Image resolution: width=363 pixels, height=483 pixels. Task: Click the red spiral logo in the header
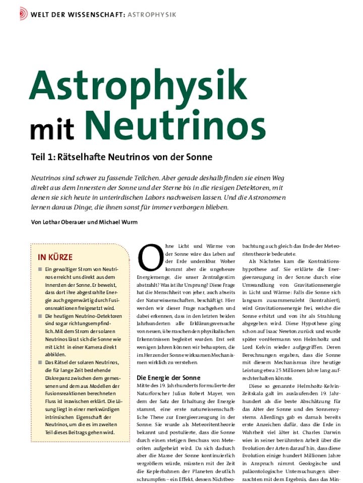click(23, 14)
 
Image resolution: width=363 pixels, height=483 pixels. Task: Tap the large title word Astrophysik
click(138, 85)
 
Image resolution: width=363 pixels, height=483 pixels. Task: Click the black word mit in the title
click(52, 129)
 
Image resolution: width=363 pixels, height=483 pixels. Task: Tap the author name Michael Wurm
click(121, 222)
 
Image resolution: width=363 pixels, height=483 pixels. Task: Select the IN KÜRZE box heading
click(55, 257)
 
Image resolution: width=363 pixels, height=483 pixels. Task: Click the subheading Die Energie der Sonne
click(168, 377)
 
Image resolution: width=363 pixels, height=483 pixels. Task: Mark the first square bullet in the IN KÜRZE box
click(40, 270)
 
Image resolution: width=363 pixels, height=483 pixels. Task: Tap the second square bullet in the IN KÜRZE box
click(40, 315)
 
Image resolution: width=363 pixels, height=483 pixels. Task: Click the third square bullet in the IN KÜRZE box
click(40, 362)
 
